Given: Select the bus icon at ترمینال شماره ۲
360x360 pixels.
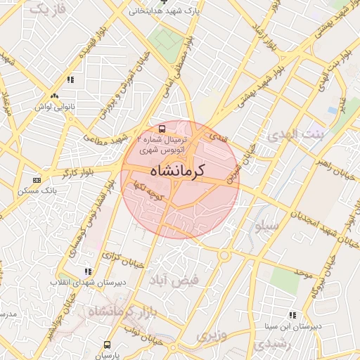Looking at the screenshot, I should pyautogui.click(x=162, y=129).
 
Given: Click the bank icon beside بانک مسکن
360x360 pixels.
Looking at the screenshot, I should pyautogui.click(x=37, y=181).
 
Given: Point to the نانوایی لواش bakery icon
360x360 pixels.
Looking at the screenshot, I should pyautogui.click(x=54, y=96).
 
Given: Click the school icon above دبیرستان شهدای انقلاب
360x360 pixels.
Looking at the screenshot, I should pyautogui.click(x=88, y=271).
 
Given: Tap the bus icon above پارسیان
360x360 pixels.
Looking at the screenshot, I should pyautogui.click(x=107, y=345).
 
